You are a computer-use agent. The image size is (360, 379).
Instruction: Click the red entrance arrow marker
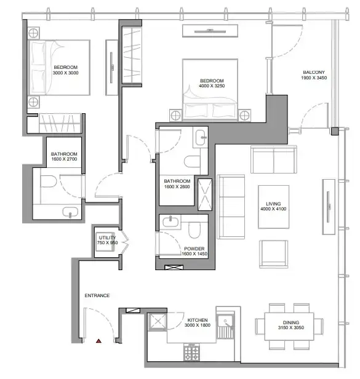point(98,341)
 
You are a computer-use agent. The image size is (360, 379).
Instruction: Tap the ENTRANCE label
point(97,295)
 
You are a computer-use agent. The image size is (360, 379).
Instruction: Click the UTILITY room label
point(107,237)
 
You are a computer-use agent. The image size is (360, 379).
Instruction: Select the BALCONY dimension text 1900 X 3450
point(314,78)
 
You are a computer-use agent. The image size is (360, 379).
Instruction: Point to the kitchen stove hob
point(192,353)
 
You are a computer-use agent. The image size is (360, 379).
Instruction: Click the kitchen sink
point(225,322)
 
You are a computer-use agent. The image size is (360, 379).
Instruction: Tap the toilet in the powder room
point(194,230)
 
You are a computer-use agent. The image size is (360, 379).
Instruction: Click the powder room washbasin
point(170,222)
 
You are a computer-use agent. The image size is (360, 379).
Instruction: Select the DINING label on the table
point(291,322)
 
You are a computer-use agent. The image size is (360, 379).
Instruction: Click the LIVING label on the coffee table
point(273,204)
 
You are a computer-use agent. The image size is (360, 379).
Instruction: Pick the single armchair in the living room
point(273,254)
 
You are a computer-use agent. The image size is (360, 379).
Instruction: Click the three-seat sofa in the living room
point(231,207)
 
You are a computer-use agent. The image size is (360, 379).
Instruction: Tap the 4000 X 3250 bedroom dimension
point(212,86)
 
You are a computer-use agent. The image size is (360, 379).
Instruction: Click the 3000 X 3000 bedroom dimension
point(65,73)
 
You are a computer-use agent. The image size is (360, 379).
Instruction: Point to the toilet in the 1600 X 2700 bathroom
point(49,181)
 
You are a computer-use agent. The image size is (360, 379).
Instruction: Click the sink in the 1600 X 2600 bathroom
point(201,137)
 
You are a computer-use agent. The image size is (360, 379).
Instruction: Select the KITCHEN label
point(198,320)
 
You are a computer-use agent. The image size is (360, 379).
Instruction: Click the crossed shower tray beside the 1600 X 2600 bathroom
point(205,194)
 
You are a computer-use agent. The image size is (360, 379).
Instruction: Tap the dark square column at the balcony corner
point(335,131)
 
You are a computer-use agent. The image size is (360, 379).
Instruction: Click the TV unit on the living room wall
point(329,207)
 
